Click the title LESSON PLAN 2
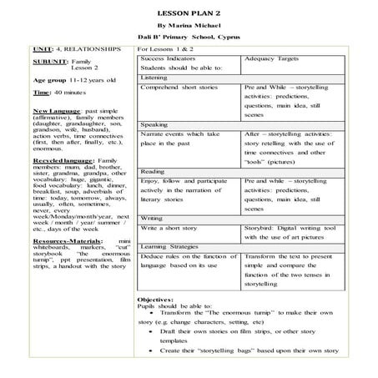click(x=188, y=14)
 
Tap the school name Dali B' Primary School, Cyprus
click(x=188, y=38)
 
